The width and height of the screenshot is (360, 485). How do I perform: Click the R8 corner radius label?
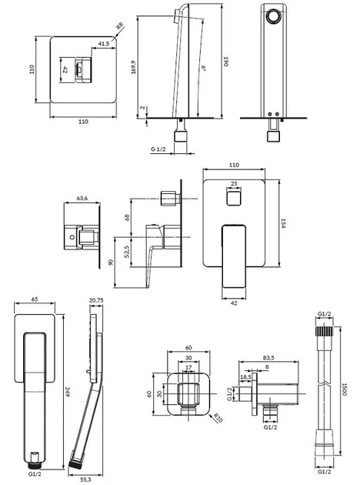(x=119, y=25)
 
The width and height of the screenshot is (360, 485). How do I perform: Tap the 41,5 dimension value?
(x=104, y=44)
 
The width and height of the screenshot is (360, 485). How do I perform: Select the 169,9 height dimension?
(x=134, y=67)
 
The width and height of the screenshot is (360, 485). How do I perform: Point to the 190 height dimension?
(x=225, y=62)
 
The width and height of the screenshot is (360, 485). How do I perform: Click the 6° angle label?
(x=205, y=68)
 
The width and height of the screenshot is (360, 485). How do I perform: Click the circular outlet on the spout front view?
(x=273, y=16)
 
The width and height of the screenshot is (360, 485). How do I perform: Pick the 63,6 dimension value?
(x=82, y=199)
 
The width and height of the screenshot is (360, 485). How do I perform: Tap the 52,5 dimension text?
(x=127, y=252)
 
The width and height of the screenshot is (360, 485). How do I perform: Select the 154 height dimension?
(x=283, y=223)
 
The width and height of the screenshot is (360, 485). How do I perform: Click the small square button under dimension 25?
(x=234, y=199)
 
